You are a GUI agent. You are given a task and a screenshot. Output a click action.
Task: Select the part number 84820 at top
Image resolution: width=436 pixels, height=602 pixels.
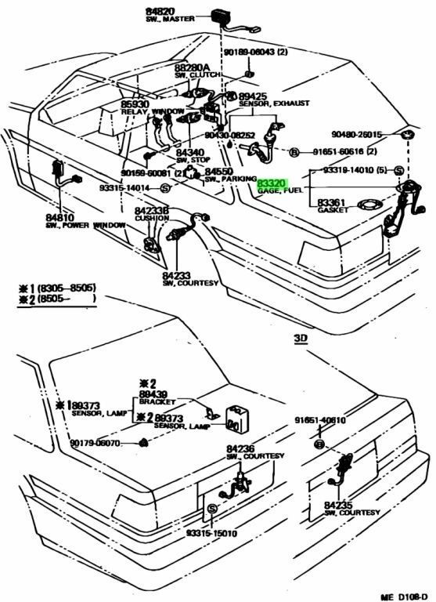pos(160,12)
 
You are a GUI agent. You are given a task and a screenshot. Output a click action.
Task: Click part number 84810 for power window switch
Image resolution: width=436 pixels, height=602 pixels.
pos(59,216)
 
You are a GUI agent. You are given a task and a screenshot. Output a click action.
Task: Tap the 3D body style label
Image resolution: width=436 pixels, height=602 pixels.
pos(302,339)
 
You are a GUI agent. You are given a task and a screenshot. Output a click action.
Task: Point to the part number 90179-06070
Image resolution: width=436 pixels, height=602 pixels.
pos(101,443)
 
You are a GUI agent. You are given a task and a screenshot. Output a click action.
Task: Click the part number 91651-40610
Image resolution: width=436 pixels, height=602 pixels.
pos(319,420)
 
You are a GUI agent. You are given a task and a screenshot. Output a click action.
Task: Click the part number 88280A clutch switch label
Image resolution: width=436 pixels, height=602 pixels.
pos(193,69)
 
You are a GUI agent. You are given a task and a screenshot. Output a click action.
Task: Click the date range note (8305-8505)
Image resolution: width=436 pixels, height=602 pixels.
pos(67,288)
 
